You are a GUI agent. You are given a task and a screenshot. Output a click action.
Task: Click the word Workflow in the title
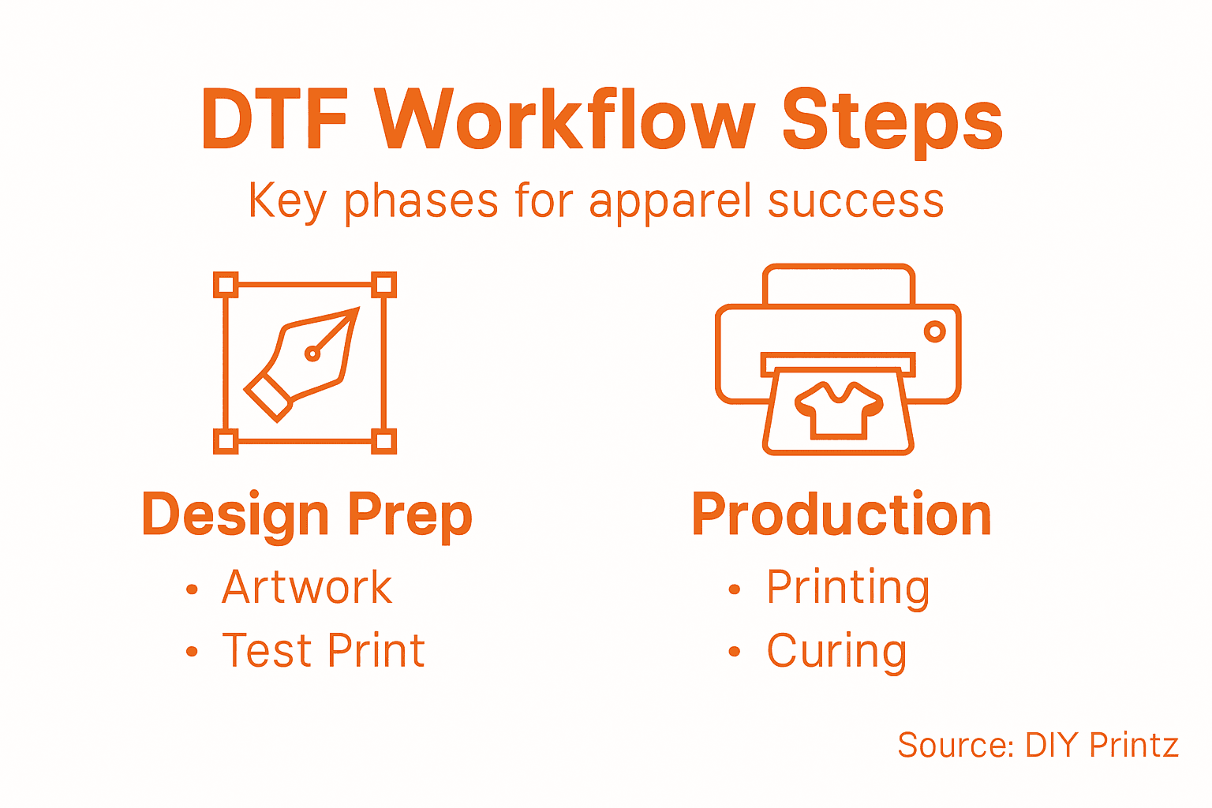(x=565, y=120)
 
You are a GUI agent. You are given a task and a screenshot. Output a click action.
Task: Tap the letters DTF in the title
(x=275, y=120)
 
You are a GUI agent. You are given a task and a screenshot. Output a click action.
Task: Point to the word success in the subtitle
(x=855, y=201)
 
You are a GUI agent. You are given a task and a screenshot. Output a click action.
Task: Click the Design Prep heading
(x=307, y=514)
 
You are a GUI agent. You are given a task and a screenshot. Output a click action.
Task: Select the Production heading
(x=841, y=514)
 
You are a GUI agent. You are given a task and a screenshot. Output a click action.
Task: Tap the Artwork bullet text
(x=307, y=587)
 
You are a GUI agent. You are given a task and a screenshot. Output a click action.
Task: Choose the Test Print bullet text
(x=324, y=651)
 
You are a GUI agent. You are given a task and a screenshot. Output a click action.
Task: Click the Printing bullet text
(x=848, y=588)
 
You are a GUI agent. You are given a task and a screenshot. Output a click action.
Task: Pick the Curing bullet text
(x=836, y=652)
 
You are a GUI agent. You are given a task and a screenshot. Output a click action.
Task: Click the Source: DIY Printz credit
(x=1038, y=745)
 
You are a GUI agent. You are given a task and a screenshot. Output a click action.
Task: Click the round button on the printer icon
(x=935, y=331)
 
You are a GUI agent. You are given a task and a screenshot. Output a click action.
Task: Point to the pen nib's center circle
(x=312, y=353)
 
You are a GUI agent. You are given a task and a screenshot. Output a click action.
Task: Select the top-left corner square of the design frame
(x=226, y=285)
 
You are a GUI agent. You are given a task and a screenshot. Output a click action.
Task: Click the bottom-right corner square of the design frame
(x=383, y=440)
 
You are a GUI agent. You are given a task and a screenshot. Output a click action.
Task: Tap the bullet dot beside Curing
(x=735, y=652)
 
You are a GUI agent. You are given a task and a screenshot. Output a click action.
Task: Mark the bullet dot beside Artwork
(x=192, y=589)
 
